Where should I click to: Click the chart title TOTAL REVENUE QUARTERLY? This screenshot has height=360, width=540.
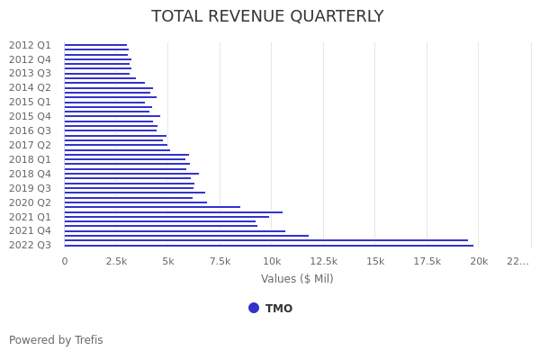pos(267,16)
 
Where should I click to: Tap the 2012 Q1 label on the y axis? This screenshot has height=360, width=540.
pos(30,45)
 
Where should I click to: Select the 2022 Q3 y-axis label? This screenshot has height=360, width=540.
pos(30,245)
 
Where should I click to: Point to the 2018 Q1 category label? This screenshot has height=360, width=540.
pos(30,159)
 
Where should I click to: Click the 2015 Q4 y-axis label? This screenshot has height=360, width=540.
pos(30,116)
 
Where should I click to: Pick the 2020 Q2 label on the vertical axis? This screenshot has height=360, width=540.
pos(30,202)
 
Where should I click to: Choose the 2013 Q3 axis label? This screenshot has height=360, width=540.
pos(30,73)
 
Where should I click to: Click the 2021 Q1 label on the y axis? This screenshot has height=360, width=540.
pos(30,217)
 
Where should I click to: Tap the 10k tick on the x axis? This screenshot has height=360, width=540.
pos(272,261)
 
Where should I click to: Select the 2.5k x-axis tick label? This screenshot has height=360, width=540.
pos(116,261)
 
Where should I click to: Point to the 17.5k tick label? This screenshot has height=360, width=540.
pos(427,261)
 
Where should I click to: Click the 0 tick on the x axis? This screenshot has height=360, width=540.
pos(64,261)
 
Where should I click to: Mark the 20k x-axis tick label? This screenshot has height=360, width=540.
pos(479,261)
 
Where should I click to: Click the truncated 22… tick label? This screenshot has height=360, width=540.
pos(517,261)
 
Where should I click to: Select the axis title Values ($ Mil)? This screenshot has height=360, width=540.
pos(297,279)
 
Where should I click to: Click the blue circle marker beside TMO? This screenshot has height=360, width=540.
pos(254,308)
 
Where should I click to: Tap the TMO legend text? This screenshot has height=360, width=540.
pos(278,309)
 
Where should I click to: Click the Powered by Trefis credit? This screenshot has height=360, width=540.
pos(56,340)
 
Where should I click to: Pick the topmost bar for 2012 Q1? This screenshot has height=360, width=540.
pos(95,45)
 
